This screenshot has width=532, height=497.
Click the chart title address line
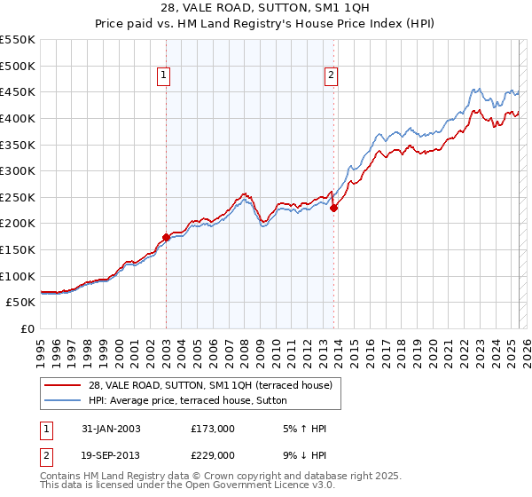(266, 8)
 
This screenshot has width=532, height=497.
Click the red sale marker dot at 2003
(166, 238)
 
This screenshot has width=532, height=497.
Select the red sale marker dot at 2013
(334, 209)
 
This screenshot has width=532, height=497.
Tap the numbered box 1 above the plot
(166, 77)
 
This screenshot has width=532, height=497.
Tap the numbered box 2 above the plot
(331, 77)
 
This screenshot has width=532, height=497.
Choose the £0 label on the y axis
(27, 329)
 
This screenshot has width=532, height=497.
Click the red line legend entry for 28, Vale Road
(210, 385)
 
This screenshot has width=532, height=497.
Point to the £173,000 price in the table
(213, 429)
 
